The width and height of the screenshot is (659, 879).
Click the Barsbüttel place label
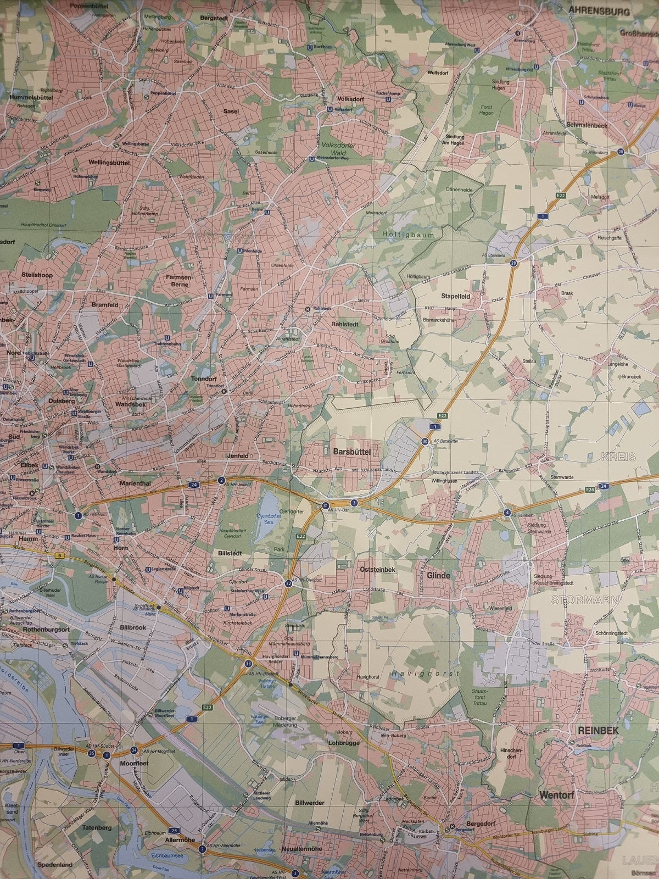[352, 452]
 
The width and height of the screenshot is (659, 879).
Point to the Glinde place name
[438, 576]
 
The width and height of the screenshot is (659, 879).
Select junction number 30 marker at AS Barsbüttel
[425, 441]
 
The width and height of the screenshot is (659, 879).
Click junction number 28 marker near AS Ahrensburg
[621, 152]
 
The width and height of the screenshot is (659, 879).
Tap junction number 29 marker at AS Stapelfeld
[513, 263]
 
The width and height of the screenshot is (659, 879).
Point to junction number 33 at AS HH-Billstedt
[249, 664]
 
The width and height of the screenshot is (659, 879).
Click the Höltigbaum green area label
[407, 235]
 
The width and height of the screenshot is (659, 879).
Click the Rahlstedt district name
[345, 324]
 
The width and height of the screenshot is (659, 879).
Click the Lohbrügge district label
[342, 742]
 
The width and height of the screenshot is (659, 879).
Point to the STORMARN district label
[578, 600]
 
